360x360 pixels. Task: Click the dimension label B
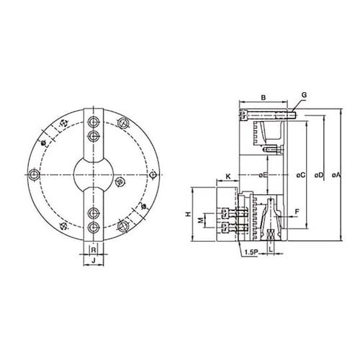[x=264, y=98]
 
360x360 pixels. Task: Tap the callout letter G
[x=304, y=95]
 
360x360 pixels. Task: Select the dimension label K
[x=228, y=176]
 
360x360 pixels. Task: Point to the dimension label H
[x=189, y=214]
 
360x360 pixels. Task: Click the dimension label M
[x=201, y=220]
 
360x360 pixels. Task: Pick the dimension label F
[x=297, y=212]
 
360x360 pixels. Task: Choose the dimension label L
[x=271, y=249]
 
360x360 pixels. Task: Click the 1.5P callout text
[x=251, y=252]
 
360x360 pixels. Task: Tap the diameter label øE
[x=263, y=175]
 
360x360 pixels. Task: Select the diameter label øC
[x=301, y=175]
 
